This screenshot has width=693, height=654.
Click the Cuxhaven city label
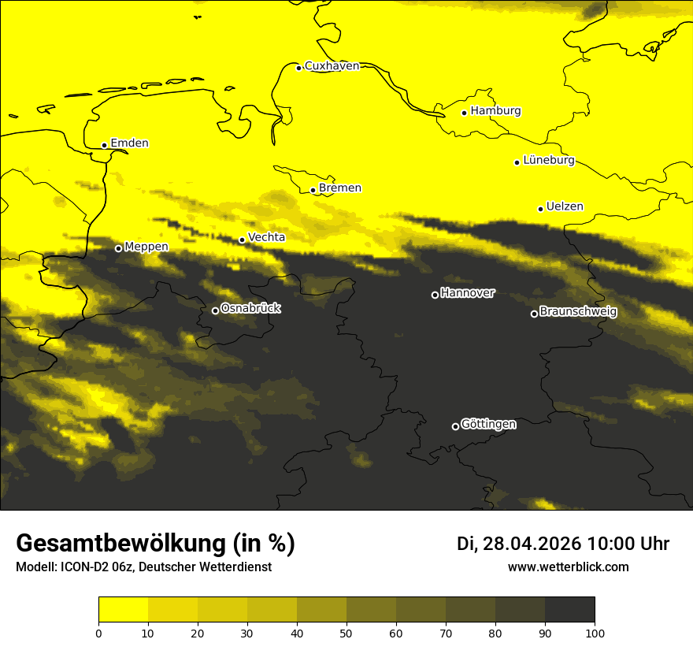pyautogui.click(x=332, y=66)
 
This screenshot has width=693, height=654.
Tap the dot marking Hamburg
pyautogui.click(x=465, y=113)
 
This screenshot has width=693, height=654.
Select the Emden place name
pyautogui.click(x=129, y=143)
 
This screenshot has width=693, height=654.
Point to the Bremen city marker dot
pyautogui.click(x=313, y=190)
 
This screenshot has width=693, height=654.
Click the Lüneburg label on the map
pyautogui.click(x=548, y=161)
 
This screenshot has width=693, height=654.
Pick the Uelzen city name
pyautogui.click(x=565, y=207)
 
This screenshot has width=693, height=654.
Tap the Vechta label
pyautogui.click(x=266, y=237)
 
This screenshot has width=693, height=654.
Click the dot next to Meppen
pyautogui.click(x=119, y=248)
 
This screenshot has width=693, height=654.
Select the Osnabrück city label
pyautogui.click(x=250, y=309)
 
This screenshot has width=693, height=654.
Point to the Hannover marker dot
pyautogui.click(x=435, y=295)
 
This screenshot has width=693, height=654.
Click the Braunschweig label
pyautogui.click(x=578, y=312)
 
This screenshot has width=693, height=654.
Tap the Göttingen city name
pyautogui.click(x=488, y=425)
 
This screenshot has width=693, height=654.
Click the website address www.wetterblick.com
pyautogui.click(x=568, y=567)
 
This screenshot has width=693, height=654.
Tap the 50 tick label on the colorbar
pyautogui.click(x=346, y=633)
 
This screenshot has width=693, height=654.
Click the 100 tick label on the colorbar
pyautogui.click(x=595, y=633)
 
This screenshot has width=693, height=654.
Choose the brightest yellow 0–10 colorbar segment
pyautogui.click(x=123, y=610)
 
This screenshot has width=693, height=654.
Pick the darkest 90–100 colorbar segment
pyautogui.click(x=569, y=610)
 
